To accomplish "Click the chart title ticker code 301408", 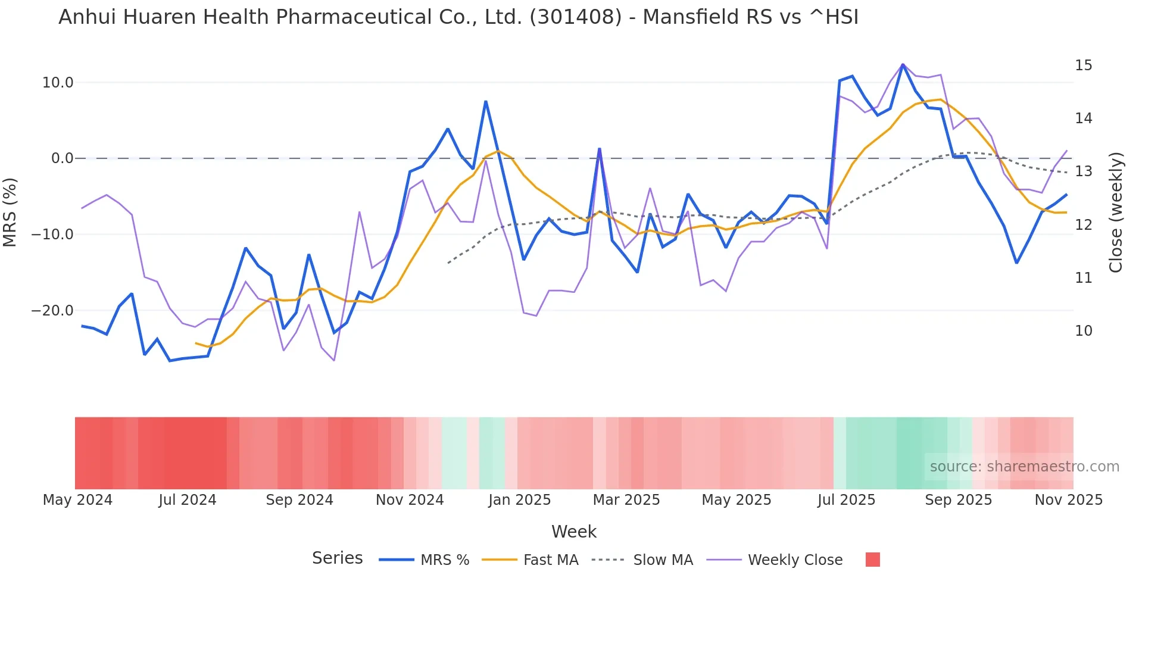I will (x=575, y=17).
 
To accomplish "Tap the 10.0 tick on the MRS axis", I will (x=58, y=83).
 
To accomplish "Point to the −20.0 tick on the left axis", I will (x=52, y=311).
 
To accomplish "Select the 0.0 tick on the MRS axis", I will (x=62, y=158).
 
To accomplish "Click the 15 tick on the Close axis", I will (x=1083, y=65).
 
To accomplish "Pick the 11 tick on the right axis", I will (x=1083, y=278).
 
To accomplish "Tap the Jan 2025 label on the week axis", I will (x=519, y=500).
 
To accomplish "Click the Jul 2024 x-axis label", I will (x=187, y=500).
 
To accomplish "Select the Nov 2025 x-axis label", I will (x=1068, y=500).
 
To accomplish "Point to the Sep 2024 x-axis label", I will (x=299, y=500).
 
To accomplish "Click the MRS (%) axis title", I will (x=10, y=212).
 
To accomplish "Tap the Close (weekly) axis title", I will (x=1116, y=213).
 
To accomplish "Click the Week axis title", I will (x=573, y=532).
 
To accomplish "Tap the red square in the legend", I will (x=872, y=560).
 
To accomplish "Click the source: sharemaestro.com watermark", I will (x=1024, y=467).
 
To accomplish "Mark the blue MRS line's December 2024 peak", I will (x=486, y=102).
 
